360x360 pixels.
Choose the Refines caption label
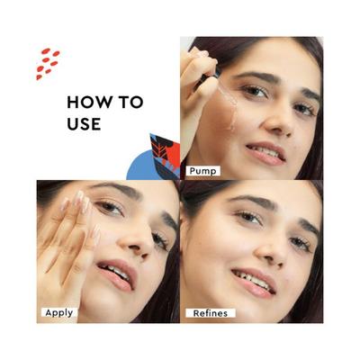pyautogui.click(x=210, y=313)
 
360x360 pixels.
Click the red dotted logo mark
pyautogui.click(x=48, y=64)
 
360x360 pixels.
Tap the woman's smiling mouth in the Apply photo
pyautogui.click(x=117, y=273)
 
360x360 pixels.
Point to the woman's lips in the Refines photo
pyautogui.click(x=254, y=281)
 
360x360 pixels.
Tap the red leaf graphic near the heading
pyautogui.click(x=166, y=151)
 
